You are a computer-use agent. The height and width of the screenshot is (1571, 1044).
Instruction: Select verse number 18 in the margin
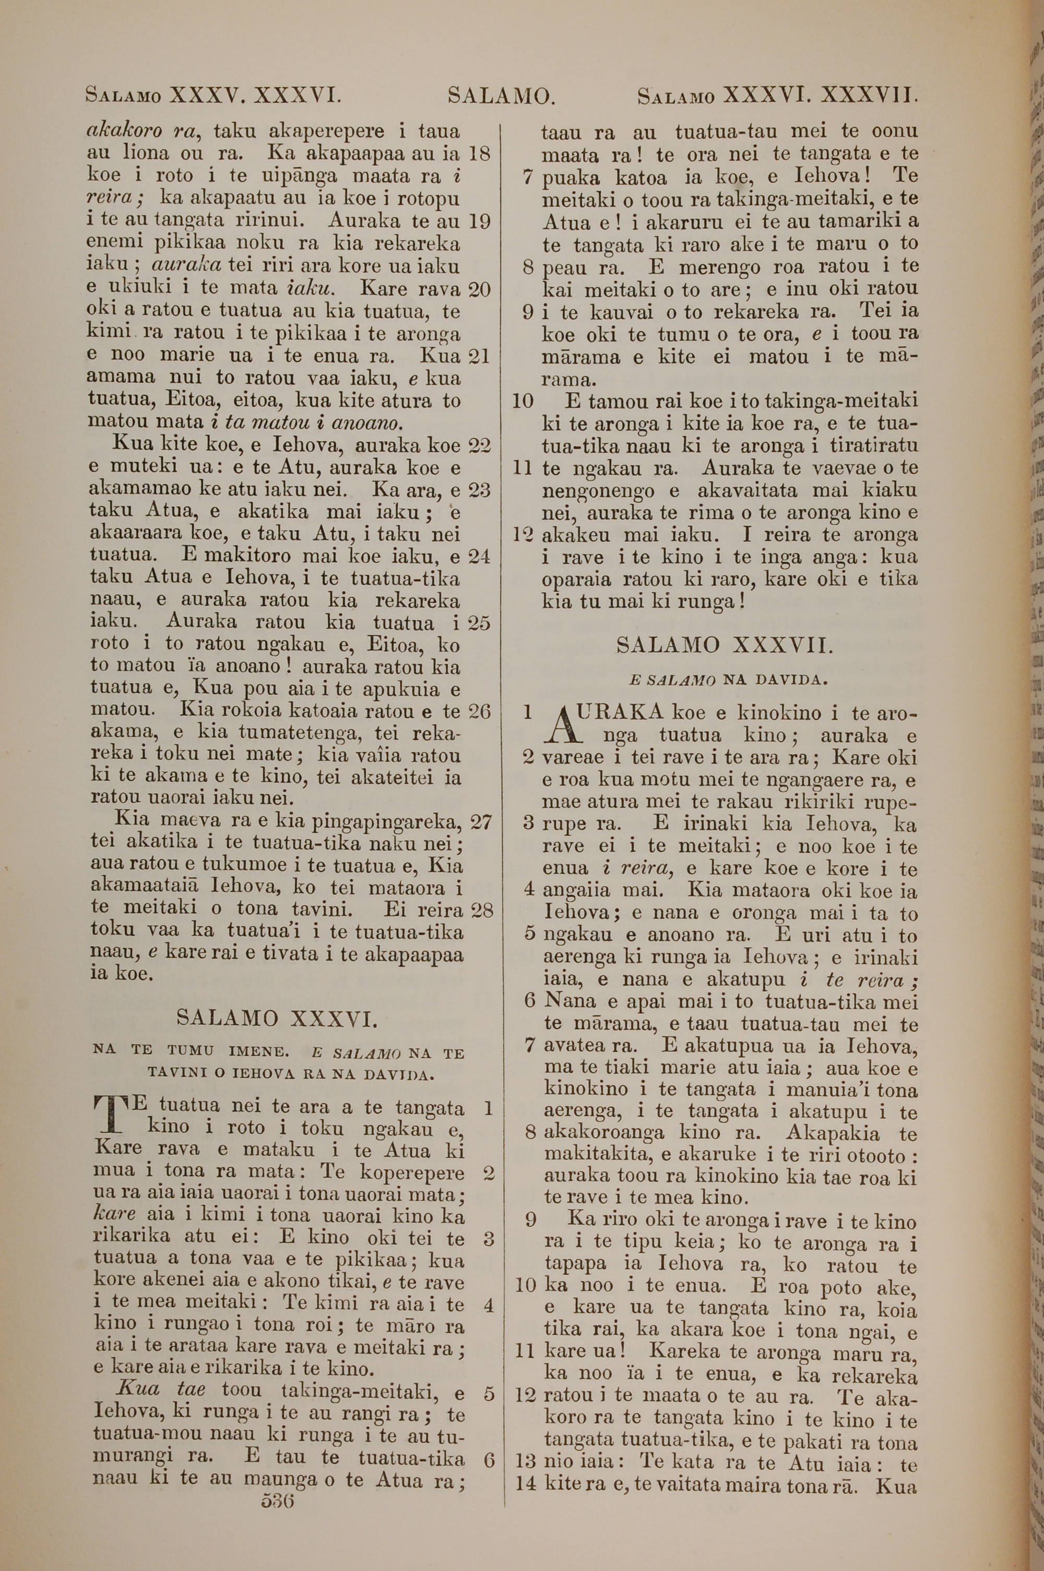tap(479, 154)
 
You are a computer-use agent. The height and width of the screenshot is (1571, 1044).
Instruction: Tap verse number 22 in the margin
tap(479, 445)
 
